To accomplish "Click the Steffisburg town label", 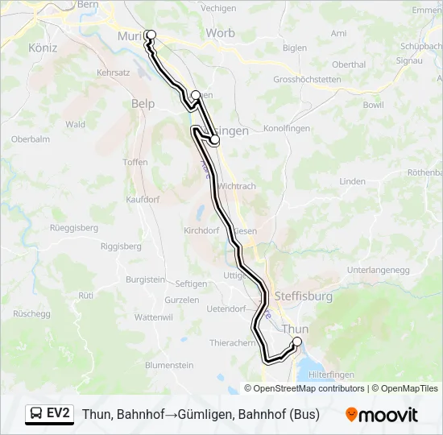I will [304, 296].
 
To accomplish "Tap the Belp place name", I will [143, 103].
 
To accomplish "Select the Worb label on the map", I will [220, 33].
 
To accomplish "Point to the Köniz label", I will [43, 48].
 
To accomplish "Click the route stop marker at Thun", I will [296, 342].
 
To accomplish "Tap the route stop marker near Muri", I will [150, 35].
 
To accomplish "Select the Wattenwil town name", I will [154, 317].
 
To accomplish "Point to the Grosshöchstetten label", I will [307, 80].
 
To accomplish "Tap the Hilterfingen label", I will [333, 375].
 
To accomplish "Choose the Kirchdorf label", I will [201, 230].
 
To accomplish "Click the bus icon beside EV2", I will [36, 414].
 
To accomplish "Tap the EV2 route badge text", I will [59, 414].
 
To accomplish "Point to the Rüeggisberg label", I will [74, 228].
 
